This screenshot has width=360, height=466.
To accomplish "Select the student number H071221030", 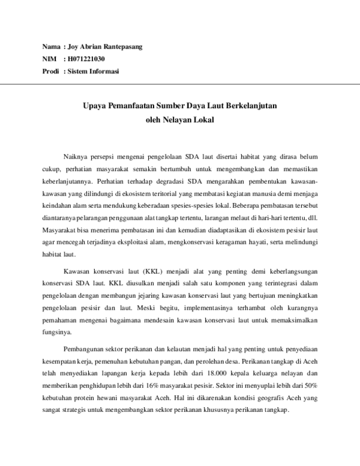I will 86,59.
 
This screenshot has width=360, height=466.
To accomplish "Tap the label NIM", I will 49,59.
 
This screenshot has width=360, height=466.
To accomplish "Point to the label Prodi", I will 50,71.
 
